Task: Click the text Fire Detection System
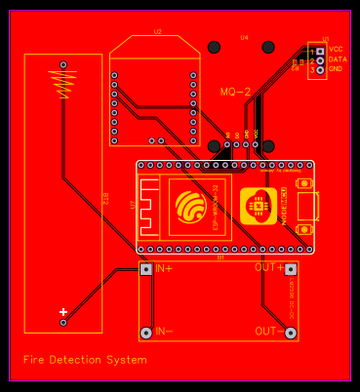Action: [x=85, y=360]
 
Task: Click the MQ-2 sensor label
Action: [x=235, y=92]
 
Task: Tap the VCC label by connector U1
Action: [x=336, y=49]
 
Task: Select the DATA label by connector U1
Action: [x=338, y=59]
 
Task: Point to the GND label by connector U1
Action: [x=336, y=69]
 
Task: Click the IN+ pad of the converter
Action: [x=146, y=268]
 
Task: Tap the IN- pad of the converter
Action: [x=146, y=333]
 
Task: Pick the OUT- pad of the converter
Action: [x=291, y=333]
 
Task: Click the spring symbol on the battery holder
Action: [x=64, y=84]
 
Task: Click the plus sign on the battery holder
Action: [x=63, y=311]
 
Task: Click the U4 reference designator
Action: [x=244, y=37]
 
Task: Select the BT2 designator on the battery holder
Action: [x=105, y=200]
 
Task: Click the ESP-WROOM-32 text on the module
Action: [x=216, y=206]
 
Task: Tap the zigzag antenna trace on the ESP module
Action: [x=149, y=206]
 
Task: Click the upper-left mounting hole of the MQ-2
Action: [x=214, y=47]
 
